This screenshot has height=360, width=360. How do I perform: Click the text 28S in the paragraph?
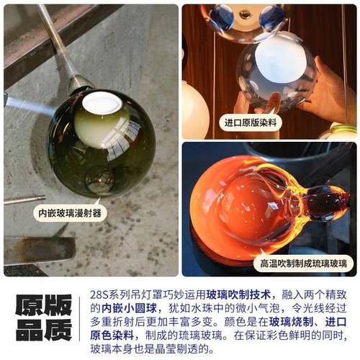pyautogui.click(x=102, y=294)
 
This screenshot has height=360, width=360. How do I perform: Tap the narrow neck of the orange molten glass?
pyautogui.click(x=302, y=203)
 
